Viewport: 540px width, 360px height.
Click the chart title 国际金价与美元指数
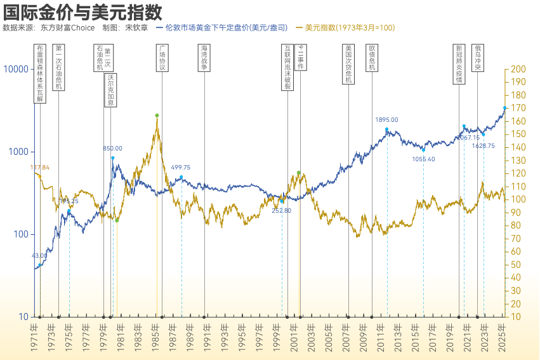(82, 11)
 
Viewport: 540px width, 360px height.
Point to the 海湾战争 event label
(204, 58)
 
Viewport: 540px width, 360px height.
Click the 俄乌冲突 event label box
(477, 58)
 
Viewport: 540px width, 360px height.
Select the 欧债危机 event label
(372, 58)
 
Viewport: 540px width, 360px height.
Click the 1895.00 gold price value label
(386, 119)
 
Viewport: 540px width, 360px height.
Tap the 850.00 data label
(113, 149)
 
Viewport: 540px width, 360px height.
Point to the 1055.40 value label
(423, 159)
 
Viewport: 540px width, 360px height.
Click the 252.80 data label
(281, 210)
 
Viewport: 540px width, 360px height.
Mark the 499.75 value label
(180, 168)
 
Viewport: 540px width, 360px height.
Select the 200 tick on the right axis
(518, 69)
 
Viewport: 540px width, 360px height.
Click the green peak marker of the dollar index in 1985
(157, 116)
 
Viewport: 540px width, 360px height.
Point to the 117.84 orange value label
(40, 168)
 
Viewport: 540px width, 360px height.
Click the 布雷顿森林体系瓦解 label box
(40, 73)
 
